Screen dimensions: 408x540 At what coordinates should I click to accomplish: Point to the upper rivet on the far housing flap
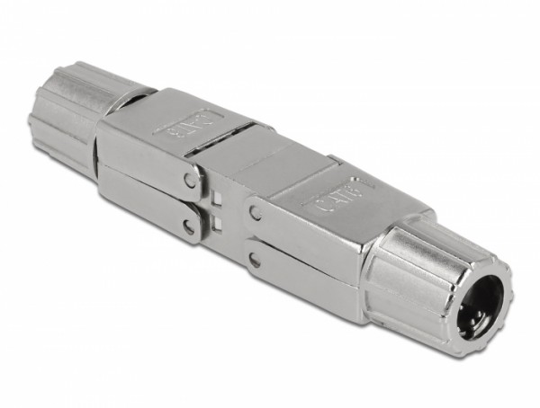coord(190,180)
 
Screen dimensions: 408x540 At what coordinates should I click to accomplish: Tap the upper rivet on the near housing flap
coord(257,214)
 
